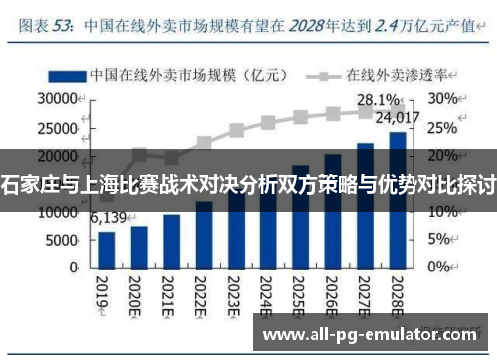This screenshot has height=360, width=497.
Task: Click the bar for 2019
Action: pyautogui.click(x=107, y=250)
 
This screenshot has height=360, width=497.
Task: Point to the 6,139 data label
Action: pyautogui.click(x=108, y=219)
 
